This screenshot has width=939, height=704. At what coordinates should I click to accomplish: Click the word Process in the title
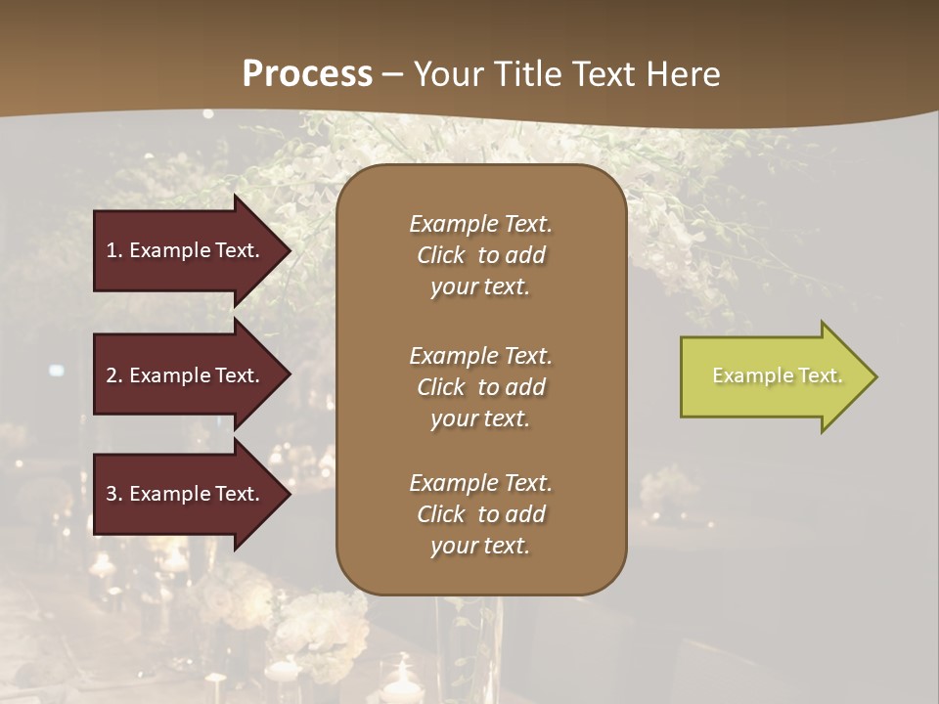[x=307, y=73]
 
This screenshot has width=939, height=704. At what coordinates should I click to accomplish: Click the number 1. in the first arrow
[x=114, y=250]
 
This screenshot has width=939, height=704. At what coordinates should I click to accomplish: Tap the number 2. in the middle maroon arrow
[x=114, y=375]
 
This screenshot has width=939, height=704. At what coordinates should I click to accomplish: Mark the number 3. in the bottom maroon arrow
[x=114, y=494]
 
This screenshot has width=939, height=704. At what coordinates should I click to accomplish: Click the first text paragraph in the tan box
[x=480, y=255]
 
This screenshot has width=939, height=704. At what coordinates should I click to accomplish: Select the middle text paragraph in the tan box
[x=480, y=387]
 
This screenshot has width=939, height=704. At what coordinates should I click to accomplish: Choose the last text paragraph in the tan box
[x=480, y=514]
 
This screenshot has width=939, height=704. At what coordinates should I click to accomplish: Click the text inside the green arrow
[x=778, y=375]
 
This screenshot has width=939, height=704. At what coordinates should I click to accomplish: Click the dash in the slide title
[x=393, y=74]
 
